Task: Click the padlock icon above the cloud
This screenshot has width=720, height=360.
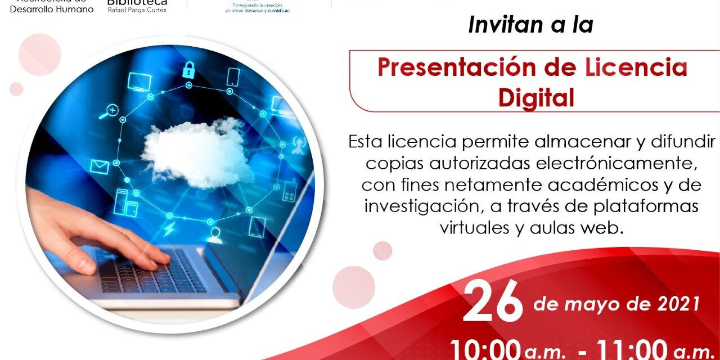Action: [188, 70]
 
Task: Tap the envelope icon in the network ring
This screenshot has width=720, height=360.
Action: [100, 166]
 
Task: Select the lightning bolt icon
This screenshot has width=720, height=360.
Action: [169, 229]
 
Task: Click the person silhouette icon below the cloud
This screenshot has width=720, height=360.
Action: [214, 235]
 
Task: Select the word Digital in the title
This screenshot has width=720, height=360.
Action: [536, 97]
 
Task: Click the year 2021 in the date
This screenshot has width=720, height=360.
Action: [678, 304]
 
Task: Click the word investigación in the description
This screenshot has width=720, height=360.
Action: [421, 206]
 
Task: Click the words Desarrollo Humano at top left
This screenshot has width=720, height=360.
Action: [52, 10]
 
